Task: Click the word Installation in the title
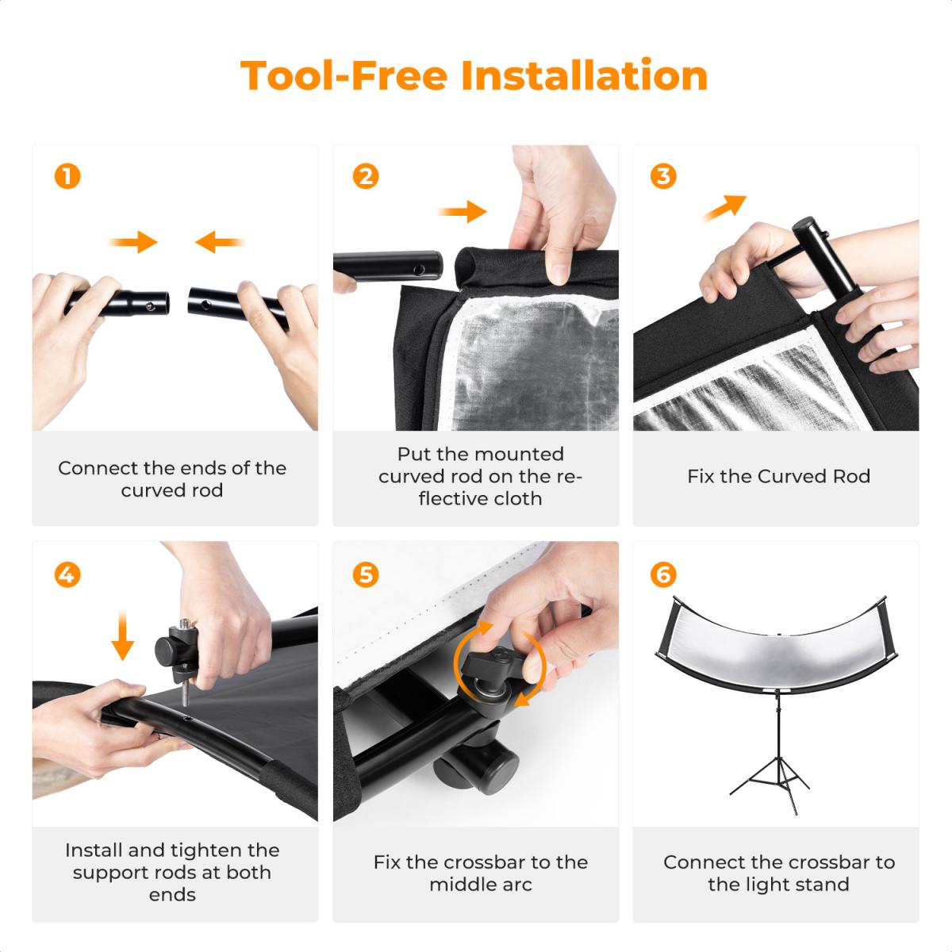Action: pos(584,76)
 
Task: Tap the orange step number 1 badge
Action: pos(67,176)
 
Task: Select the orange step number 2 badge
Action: pos(366,176)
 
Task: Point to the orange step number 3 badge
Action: pos(663,176)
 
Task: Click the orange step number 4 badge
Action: pos(67,574)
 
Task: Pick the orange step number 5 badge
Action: pos(366,574)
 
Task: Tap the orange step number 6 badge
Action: pos(663,574)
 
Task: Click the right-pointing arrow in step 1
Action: pos(134,241)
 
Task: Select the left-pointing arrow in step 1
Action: pos(218,241)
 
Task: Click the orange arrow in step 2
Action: pos(463,211)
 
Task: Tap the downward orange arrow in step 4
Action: pos(121,635)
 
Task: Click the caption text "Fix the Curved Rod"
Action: pos(778,477)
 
